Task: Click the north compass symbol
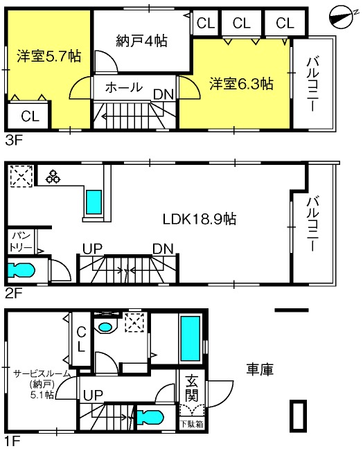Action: tap(342, 17)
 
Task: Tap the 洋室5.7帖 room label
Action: tap(49, 56)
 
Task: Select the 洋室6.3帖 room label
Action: tap(241, 84)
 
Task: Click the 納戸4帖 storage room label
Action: tap(141, 41)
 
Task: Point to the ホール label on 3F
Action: tap(124, 87)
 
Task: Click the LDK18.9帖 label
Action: tap(200, 219)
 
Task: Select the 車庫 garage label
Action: tap(260, 369)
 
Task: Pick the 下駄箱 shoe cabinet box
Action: tap(192, 424)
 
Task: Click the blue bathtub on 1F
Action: tap(190, 339)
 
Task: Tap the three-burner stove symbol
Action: tap(53, 177)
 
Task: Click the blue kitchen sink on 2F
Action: tap(94, 202)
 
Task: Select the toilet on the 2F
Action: tap(21, 270)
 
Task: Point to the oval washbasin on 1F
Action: tap(105, 327)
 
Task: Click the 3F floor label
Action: tap(13, 141)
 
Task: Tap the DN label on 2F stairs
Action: tap(163, 249)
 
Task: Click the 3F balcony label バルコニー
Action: tap(312, 84)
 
